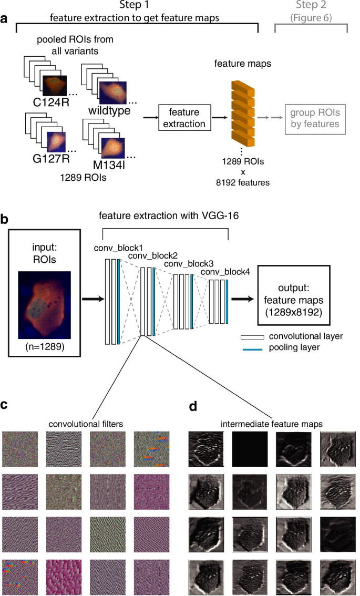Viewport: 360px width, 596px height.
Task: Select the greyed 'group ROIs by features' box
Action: (314, 118)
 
